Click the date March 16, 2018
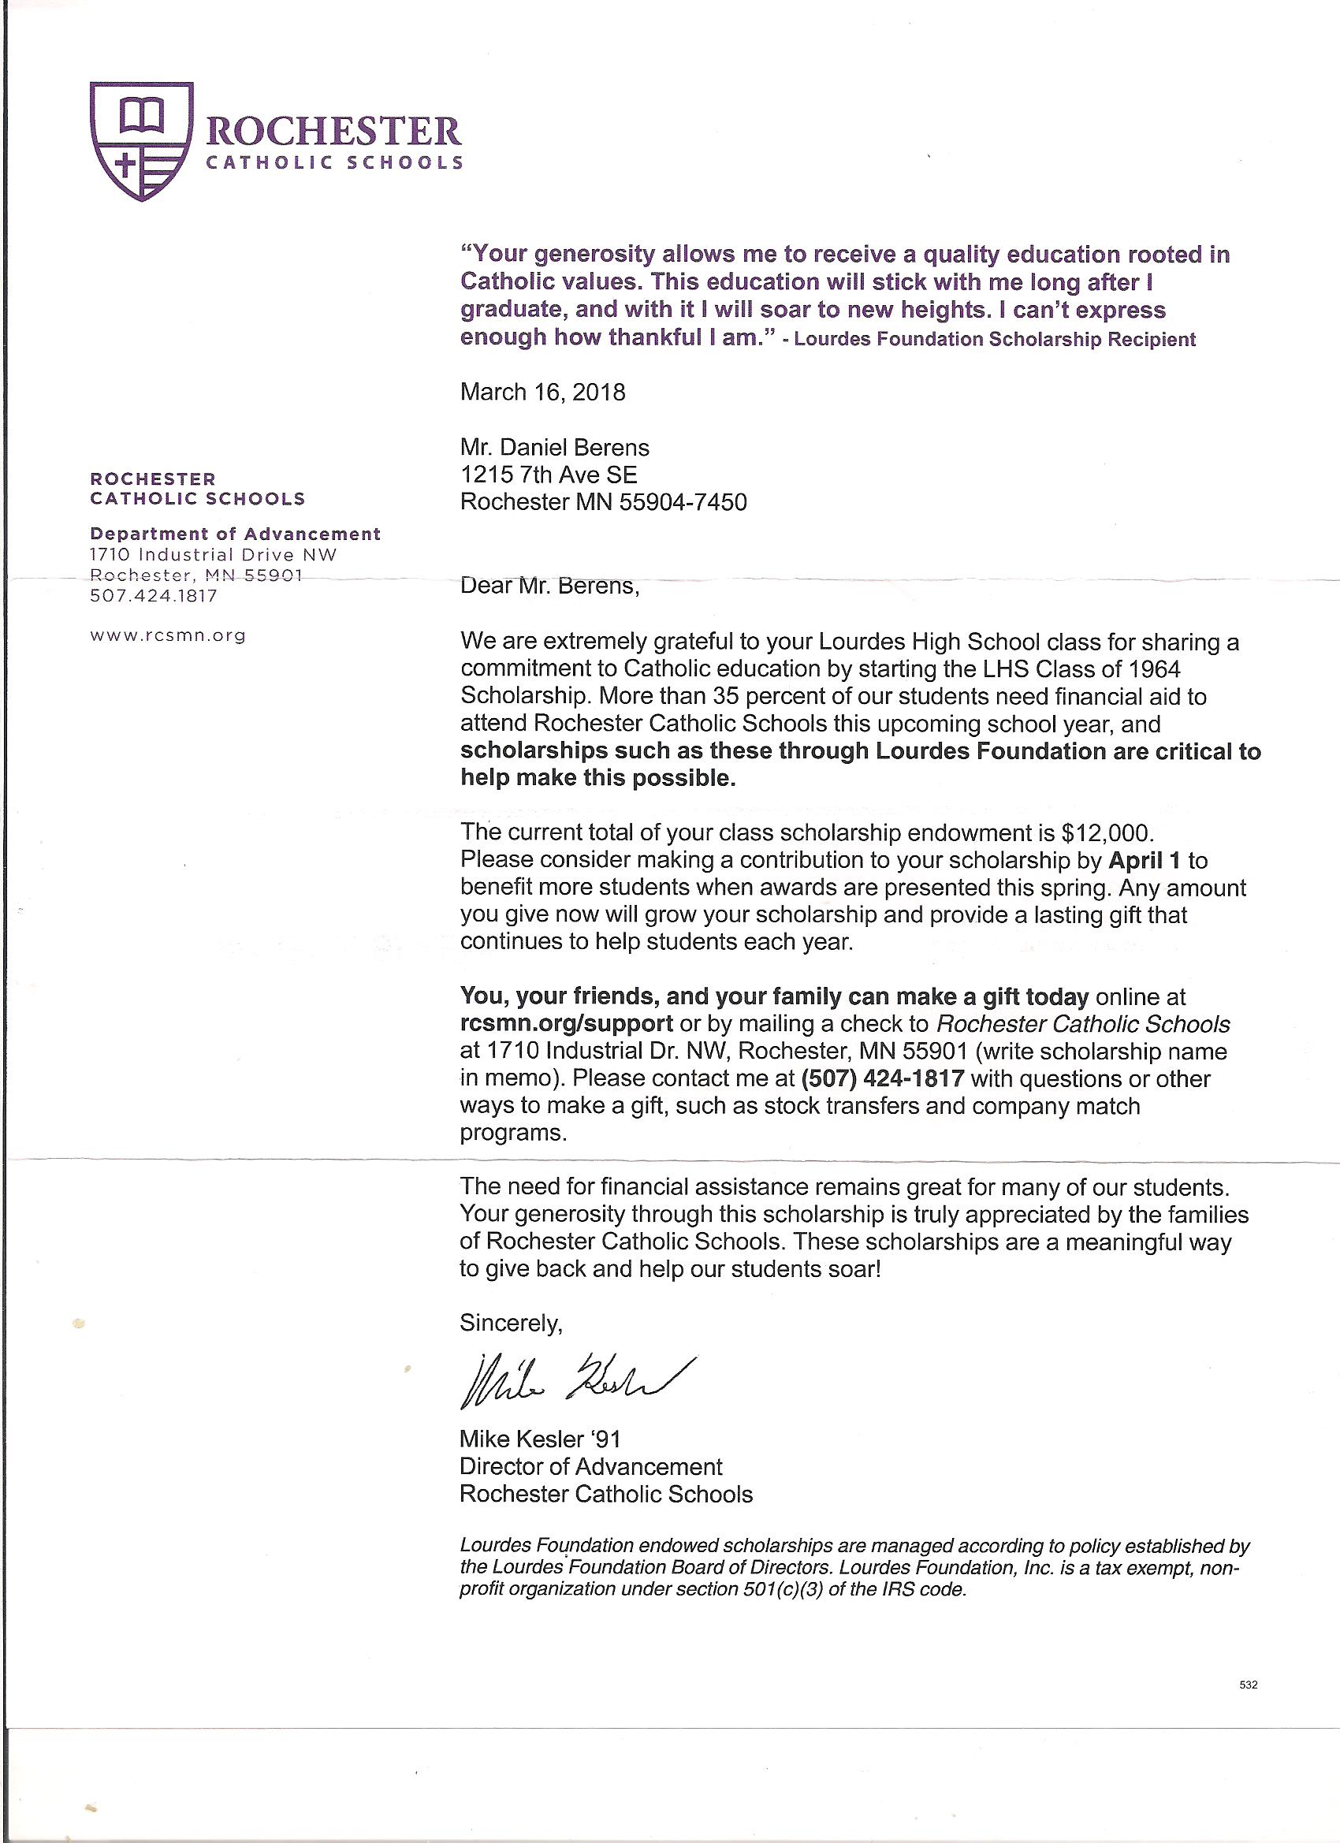coord(543,393)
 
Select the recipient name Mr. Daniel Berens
coord(554,448)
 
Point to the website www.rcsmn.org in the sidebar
coord(167,635)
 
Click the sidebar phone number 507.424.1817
coord(154,596)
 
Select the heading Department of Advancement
coord(235,534)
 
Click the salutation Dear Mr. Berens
coord(549,585)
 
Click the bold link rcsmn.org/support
coord(566,1023)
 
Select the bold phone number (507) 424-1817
coord(883,1078)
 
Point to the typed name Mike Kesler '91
coord(540,1439)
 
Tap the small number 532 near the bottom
coord(1249,1685)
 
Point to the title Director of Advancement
coord(590,1467)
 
